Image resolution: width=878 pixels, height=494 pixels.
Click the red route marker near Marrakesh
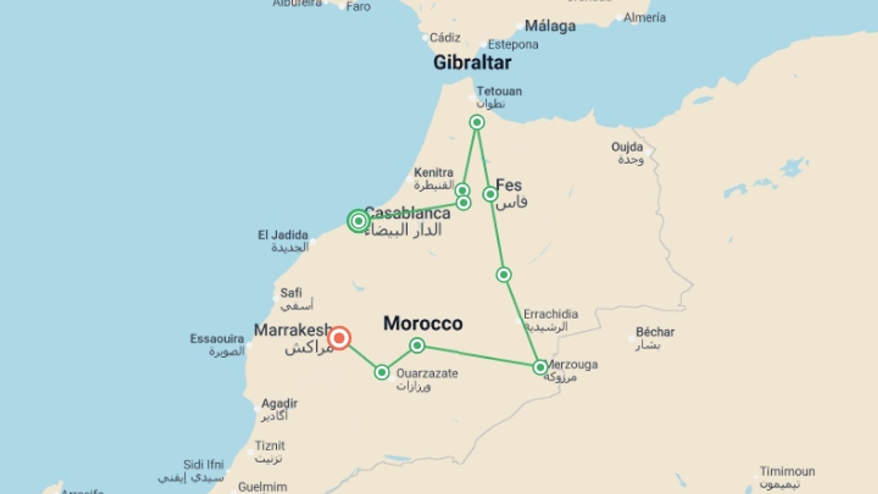[339, 338]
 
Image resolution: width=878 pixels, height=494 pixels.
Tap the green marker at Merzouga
[540, 367]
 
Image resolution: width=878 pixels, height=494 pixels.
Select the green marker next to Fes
[490, 194]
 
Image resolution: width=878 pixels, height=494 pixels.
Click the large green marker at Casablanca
[359, 221]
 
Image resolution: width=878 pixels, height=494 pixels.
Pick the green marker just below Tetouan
[476, 122]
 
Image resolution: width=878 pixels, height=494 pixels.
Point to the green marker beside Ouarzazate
[381, 372]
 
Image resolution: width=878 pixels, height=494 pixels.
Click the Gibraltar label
[472, 63]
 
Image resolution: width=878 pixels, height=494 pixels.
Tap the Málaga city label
[550, 26]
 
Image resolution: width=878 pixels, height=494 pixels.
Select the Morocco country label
[423, 323]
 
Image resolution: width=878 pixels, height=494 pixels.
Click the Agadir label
[279, 404]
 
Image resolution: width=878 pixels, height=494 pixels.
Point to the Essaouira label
[217, 339]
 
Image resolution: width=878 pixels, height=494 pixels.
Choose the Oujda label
[627, 147]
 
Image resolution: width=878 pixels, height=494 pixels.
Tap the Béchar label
[655, 332]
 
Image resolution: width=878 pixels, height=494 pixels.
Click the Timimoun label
[787, 472]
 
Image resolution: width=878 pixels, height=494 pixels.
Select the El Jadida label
[283, 235]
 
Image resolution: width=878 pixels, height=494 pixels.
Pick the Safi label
[291, 293]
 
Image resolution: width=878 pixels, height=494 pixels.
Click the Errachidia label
[551, 314]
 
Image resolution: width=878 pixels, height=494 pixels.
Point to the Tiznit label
[270, 446]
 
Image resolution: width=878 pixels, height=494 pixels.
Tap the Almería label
[644, 18]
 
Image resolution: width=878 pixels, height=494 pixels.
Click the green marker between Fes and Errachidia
[503, 275]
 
